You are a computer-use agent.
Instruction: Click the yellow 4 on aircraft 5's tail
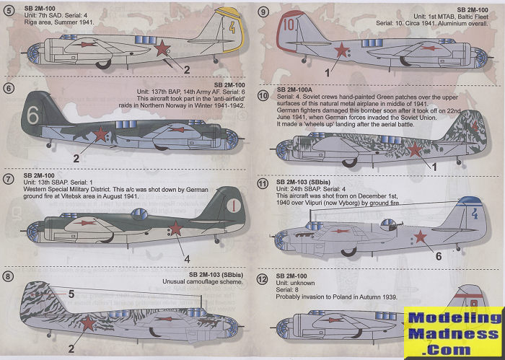(211, 31)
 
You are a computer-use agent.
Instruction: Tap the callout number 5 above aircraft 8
(71, 294)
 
